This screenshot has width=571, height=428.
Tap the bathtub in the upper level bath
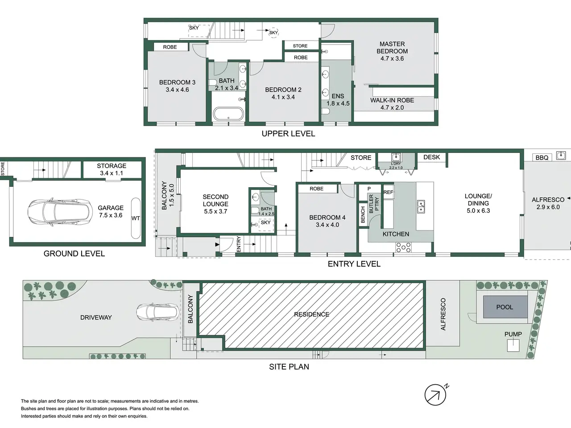[x=228, y=114]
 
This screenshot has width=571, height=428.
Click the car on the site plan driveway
[x=158, y=312]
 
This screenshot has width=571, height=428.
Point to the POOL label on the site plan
[x=505, y=307]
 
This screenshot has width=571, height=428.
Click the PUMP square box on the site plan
[x=513, y=346]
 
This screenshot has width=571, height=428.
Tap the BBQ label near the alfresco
[x=542, y=157]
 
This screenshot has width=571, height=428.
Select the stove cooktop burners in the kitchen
[x=403, y=247]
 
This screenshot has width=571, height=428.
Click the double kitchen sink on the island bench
[x=421, y=206]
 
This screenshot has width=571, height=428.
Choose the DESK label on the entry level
[x=431, y=157]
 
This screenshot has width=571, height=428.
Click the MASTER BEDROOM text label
[x=392, y=48]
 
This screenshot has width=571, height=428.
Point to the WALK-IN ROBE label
[x=392, y=100]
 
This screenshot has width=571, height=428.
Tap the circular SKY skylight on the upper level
[x=273, y=33]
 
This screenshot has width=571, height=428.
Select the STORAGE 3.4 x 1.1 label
[x=112, y=169]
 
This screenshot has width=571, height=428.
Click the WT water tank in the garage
[x=136, y=218]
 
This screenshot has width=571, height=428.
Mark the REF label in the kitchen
[x=388, y=192]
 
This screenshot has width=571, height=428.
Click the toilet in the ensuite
[x=326, y=111]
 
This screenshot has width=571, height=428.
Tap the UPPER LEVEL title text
[x=288, y=134]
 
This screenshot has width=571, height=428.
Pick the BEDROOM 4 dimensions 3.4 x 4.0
[x=327, y=225]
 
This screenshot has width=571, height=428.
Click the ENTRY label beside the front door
[x=239, y=244]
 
